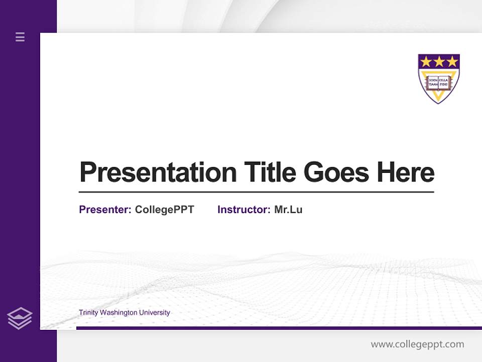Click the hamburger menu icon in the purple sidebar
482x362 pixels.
click(x=20, y=37)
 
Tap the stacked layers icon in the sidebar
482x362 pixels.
click(x=20, y=318)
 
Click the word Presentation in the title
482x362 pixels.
click(x=158, y=172)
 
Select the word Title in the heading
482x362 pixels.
click(x=270, y=172)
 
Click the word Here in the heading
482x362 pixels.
click(x=405, y=172)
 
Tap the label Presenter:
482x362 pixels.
click(x=105, y=210)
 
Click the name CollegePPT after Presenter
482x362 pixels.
click(x=164, y=210)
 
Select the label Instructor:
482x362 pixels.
click(x=244, y=210)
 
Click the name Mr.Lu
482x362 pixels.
click(x=288, y=210)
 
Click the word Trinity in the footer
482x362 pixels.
click(x=88, y=313)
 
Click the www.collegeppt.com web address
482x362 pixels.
click(x=417, y=344)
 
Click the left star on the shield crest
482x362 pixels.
click(x=426, y=62)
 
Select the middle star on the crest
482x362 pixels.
click(x=439, y=62)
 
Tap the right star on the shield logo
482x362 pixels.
click(x=452, y=62)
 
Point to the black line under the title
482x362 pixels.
click(x=256, y=192)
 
